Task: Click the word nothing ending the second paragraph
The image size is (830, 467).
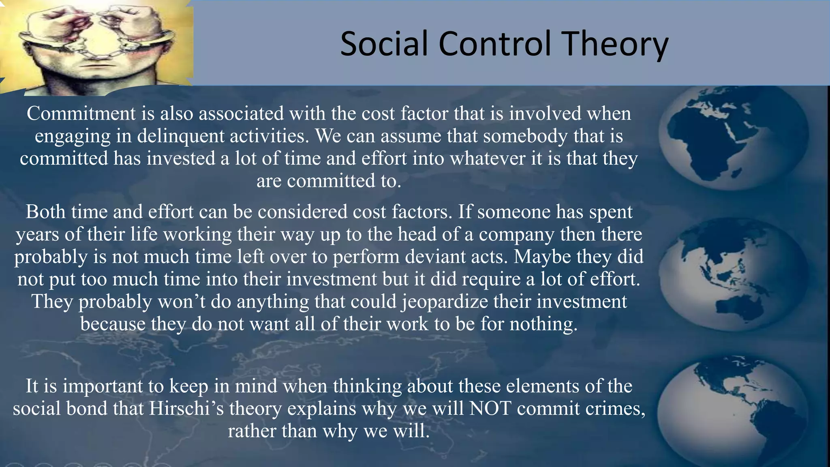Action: [x=543, y=324]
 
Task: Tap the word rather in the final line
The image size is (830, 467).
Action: [x=252, y=431]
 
